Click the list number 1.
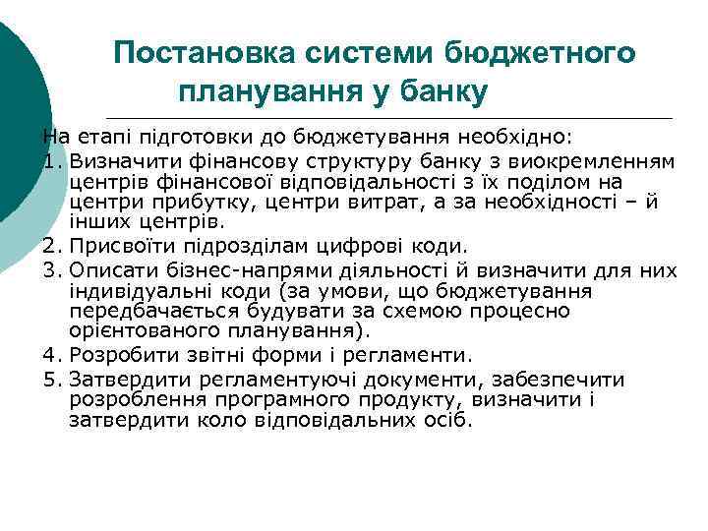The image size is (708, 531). coord(52,160)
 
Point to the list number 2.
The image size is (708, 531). coord(52,246)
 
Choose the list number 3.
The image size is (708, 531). coord(52,268)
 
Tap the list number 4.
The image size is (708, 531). coord(52,355)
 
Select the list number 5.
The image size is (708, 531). coord(52,379)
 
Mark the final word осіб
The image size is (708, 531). coord(449,421)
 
